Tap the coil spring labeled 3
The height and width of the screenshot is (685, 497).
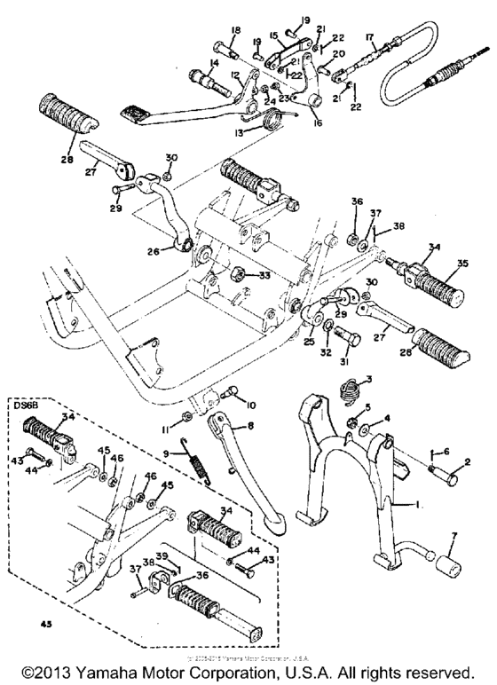351,387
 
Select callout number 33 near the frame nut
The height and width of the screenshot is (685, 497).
264,277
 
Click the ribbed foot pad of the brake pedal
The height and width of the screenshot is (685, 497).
135,113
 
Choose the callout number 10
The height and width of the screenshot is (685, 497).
251,405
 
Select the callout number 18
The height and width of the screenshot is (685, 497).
235,32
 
